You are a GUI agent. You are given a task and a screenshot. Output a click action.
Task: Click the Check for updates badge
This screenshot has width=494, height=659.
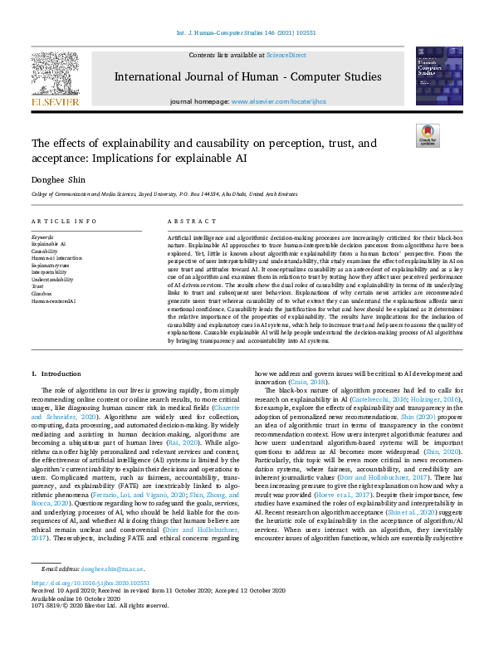428,136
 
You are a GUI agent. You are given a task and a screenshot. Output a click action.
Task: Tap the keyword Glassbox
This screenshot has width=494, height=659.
42,293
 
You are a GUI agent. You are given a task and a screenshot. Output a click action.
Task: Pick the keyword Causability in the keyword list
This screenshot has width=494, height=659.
46,251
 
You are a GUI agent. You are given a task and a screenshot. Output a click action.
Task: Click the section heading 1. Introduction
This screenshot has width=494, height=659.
56,375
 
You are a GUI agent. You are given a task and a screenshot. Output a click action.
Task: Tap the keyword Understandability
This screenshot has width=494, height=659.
52,279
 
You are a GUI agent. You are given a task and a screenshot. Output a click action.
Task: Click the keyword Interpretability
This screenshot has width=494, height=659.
49,271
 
